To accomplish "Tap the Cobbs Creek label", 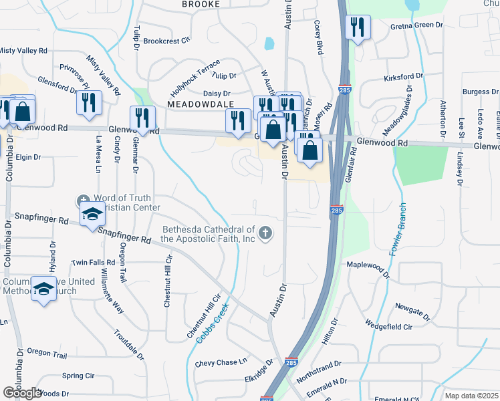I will click(x=213, y=323).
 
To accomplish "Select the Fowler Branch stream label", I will click(x=400, y=231).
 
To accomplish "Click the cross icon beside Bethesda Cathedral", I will click(x=265, y=233).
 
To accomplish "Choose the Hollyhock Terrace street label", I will click(x=195, y=78).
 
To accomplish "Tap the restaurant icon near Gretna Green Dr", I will click(x=356, y=27).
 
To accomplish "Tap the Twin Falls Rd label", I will click(x=93, y=263).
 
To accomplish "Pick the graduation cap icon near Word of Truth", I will click(x=92, y=214).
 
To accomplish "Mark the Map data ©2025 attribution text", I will click(x=471, y=396).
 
